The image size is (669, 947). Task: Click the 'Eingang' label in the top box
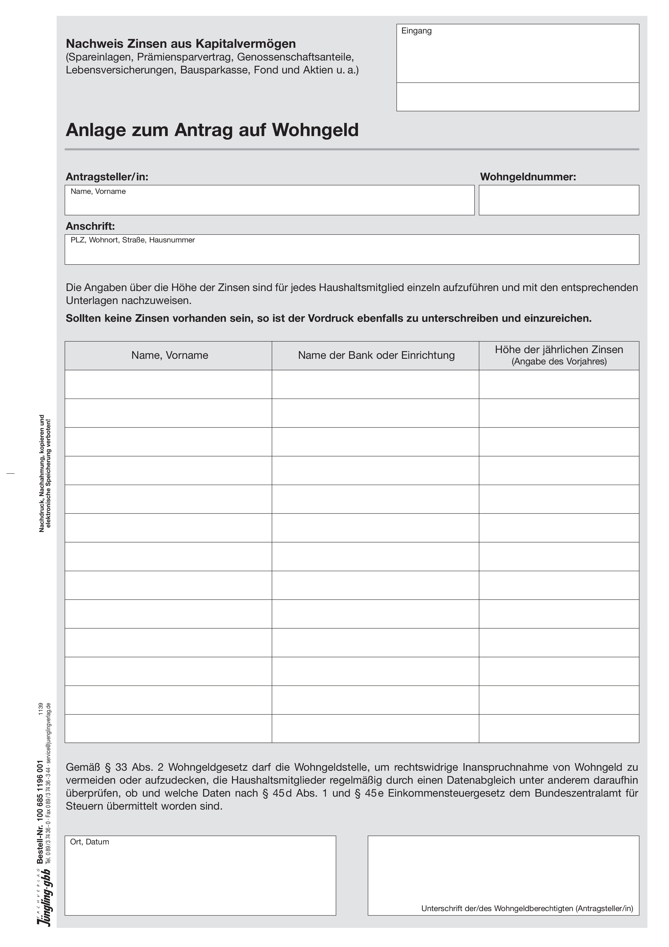(x=416, y=31)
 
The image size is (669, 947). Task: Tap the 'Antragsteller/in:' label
(x=107, y=177)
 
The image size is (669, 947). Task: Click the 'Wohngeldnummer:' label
(x=528, y=177)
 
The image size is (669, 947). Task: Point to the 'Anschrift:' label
(x=90, y=226)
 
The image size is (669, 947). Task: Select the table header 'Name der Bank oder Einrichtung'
(x=376, y=355)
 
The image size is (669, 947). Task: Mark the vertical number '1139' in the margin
(x=40, y=709)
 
